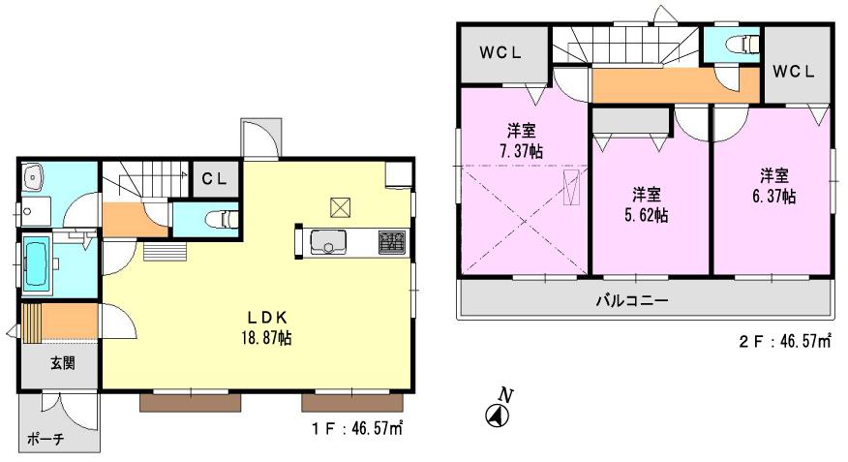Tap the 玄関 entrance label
click(62, 364)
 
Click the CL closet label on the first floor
click(213, 178)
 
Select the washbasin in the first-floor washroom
click(34, 177)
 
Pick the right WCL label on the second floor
click(794, 72)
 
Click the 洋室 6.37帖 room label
click(773, 185)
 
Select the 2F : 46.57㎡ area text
click(784, 340)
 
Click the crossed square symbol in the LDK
click(339, 206)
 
